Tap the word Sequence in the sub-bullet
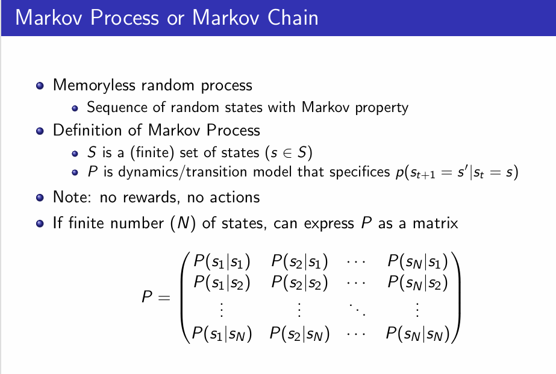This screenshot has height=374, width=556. click(114, 108)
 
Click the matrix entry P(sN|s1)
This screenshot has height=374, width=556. click(417, 261)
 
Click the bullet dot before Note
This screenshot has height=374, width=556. click(40, 197)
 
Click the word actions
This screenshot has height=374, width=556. click(234, 197)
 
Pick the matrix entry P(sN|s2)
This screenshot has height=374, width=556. click(417, 282)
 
